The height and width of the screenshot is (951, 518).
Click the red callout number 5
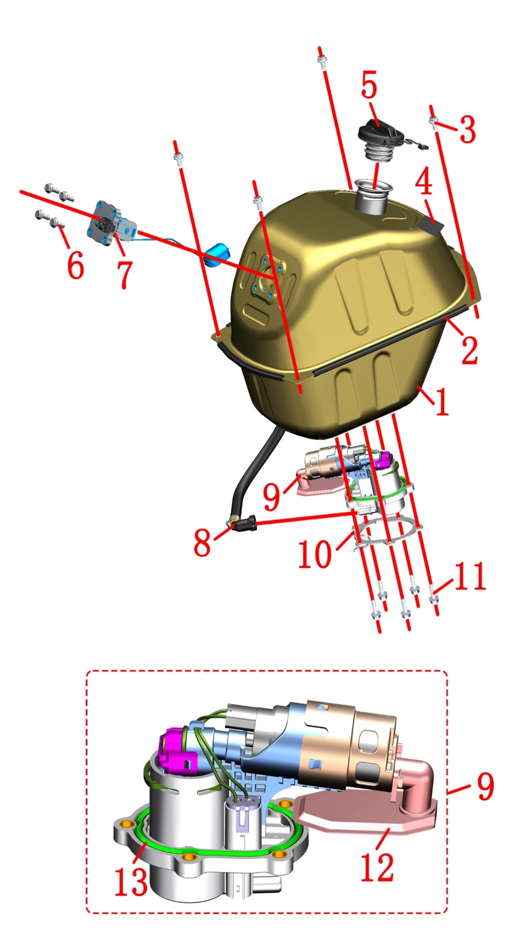(369, 85)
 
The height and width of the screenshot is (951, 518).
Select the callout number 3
(467, 129)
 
